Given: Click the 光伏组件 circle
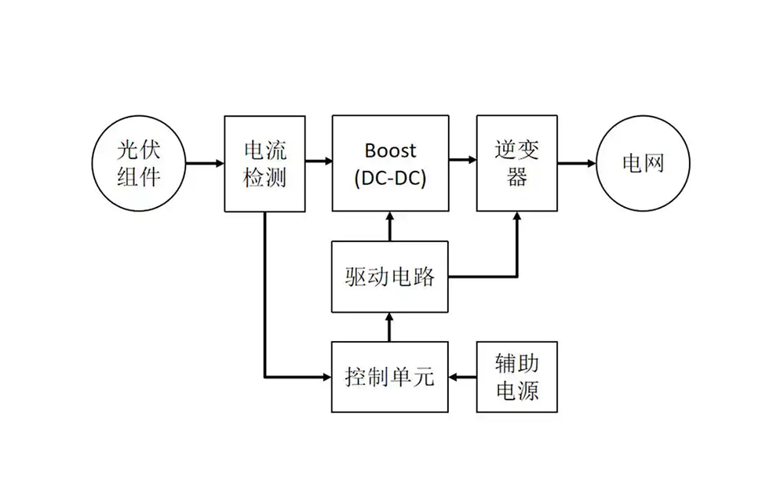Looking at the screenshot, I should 139,164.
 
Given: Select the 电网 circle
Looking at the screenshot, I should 643,164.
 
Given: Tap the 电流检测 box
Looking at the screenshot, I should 264,164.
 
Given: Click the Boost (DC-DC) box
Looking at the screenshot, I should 390,164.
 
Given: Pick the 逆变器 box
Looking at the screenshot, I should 516,164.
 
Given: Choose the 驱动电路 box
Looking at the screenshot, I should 390,277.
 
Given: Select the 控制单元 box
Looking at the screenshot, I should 390,377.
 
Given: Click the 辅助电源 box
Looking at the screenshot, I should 516,377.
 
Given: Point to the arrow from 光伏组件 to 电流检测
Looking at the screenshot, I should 205,164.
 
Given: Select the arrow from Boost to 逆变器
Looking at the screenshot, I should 462,160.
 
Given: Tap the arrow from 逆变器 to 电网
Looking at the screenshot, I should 576,164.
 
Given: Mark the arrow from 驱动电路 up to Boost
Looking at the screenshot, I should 390,227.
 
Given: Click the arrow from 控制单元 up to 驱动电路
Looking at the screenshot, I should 390,327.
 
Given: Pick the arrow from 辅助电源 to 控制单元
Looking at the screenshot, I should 462,377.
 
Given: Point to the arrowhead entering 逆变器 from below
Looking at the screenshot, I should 516,219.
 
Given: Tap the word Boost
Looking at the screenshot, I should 390,150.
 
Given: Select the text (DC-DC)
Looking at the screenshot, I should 390,178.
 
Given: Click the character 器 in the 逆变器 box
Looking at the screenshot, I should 516,178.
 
